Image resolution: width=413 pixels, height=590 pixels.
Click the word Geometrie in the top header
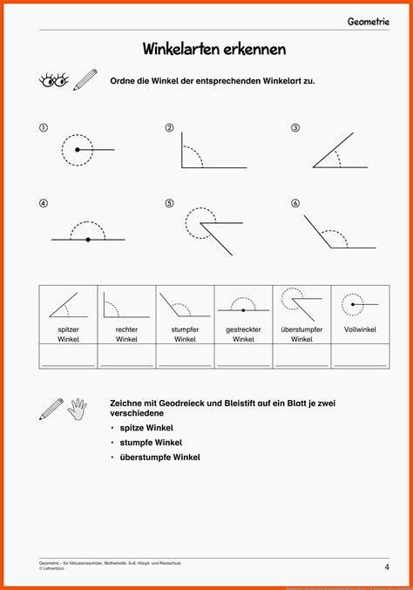369,20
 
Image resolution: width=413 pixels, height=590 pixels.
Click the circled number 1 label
43,128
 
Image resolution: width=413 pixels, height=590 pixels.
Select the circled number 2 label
169,128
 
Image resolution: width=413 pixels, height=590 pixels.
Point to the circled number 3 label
295,128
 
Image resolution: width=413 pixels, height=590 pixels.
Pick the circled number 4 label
43,204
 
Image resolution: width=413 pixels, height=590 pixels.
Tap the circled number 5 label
169,204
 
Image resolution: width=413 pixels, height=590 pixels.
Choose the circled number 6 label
295,204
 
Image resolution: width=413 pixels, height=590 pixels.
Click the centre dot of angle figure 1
78,151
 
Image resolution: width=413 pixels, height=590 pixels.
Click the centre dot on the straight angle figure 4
88,239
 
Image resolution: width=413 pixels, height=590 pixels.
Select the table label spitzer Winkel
68,334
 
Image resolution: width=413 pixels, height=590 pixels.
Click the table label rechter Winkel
126,334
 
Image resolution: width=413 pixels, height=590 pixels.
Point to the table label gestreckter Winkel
243,334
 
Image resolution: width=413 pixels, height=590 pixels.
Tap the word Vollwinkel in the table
360,329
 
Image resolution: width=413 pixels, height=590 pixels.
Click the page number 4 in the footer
386,567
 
